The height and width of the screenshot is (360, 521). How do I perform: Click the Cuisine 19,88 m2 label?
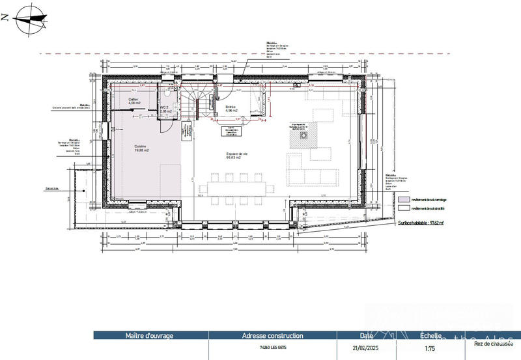142,148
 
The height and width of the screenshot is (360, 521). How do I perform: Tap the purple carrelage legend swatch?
404,199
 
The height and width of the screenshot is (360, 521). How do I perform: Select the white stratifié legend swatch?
404,208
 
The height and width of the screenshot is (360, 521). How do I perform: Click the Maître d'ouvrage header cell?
150,336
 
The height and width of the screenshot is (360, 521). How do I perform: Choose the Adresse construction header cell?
272,336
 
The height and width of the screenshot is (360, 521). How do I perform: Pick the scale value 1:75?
430,348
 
